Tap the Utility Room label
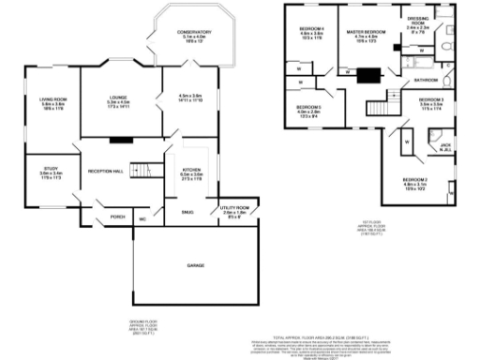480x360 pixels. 234,209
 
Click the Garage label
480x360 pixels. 195,266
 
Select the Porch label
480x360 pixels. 118,217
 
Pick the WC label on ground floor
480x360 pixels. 143,219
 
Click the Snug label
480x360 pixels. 187,213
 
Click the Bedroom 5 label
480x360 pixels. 309,111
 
